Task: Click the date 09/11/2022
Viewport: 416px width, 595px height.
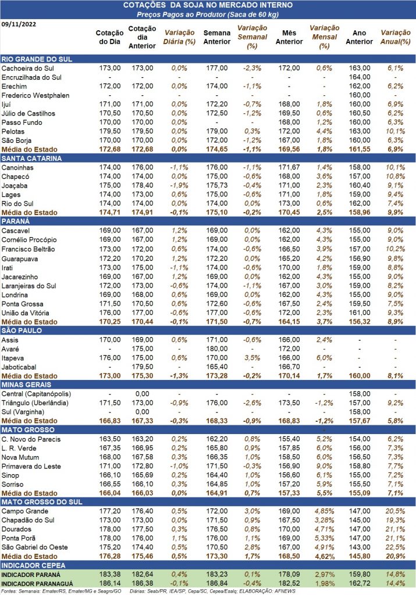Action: click(19, 24)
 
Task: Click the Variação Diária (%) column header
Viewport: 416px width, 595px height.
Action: click(179, 37)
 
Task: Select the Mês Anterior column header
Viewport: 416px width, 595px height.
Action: click(289, 37)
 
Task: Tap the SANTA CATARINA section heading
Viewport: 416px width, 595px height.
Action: click(31, 158)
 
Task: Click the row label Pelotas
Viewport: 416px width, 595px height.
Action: click(13, 131)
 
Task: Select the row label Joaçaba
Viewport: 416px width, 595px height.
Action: click(15, 185)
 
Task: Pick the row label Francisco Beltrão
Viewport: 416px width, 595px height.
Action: click(28, 249)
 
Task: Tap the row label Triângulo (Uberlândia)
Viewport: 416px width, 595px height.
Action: click(35, 403)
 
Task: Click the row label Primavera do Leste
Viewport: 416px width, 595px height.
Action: click(31, 467)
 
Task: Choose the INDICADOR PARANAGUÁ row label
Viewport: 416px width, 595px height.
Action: click(37, 583)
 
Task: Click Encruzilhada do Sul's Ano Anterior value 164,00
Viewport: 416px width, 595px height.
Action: click(360, 77)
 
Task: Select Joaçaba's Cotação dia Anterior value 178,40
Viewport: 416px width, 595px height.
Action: click(143, 185)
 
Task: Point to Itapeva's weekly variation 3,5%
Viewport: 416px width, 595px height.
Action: click(252, 358)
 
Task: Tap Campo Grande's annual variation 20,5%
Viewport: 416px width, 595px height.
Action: click(395, 511)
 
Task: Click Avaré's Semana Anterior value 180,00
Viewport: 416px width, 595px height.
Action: click(217, 349)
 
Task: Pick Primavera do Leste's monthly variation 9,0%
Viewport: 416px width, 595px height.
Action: click(324, 467)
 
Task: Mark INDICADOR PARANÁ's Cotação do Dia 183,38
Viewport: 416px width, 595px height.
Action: click(110, 575)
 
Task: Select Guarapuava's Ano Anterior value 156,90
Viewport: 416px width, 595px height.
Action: click(360, 259)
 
